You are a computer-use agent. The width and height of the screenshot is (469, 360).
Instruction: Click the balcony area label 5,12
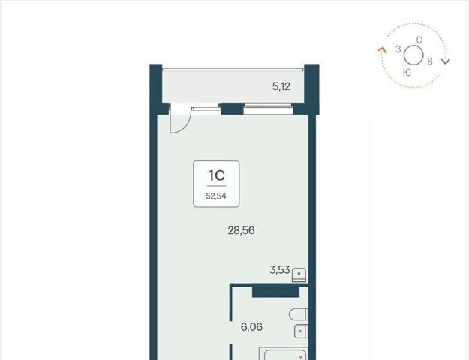[281, 87]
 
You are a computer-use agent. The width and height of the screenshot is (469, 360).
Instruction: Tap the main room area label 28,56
[241, 230]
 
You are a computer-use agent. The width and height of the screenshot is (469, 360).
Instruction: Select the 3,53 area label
[280, 270]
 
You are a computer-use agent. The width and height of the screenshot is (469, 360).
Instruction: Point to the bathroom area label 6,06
[251, 326]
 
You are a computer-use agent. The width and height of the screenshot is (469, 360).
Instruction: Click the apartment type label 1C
[216, 175]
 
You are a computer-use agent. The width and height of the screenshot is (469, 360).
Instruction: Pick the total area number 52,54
[216, 196]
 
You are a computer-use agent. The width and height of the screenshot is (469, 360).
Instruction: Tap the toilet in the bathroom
[299, 314]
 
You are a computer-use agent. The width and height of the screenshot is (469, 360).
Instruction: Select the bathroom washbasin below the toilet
[301, 331]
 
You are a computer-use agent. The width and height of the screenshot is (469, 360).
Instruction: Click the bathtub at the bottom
[284, 354]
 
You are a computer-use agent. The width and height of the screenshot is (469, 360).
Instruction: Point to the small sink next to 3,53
[299, 275]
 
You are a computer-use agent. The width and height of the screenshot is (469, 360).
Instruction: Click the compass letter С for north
[419, 40]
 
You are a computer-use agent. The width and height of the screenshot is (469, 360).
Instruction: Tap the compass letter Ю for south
[407, 72]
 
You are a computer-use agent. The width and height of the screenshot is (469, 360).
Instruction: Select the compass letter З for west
[398, 49]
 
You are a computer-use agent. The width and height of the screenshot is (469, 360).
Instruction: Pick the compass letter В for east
[430, 61]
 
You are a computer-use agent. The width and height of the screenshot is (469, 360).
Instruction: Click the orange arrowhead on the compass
[382, 50]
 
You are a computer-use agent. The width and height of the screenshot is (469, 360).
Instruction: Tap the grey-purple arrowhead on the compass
[446, 61]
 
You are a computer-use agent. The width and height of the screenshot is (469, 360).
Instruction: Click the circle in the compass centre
[413, 55]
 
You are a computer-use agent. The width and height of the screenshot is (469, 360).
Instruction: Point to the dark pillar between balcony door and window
[232, 109]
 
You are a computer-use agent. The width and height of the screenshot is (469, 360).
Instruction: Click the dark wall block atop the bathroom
[276, 290]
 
